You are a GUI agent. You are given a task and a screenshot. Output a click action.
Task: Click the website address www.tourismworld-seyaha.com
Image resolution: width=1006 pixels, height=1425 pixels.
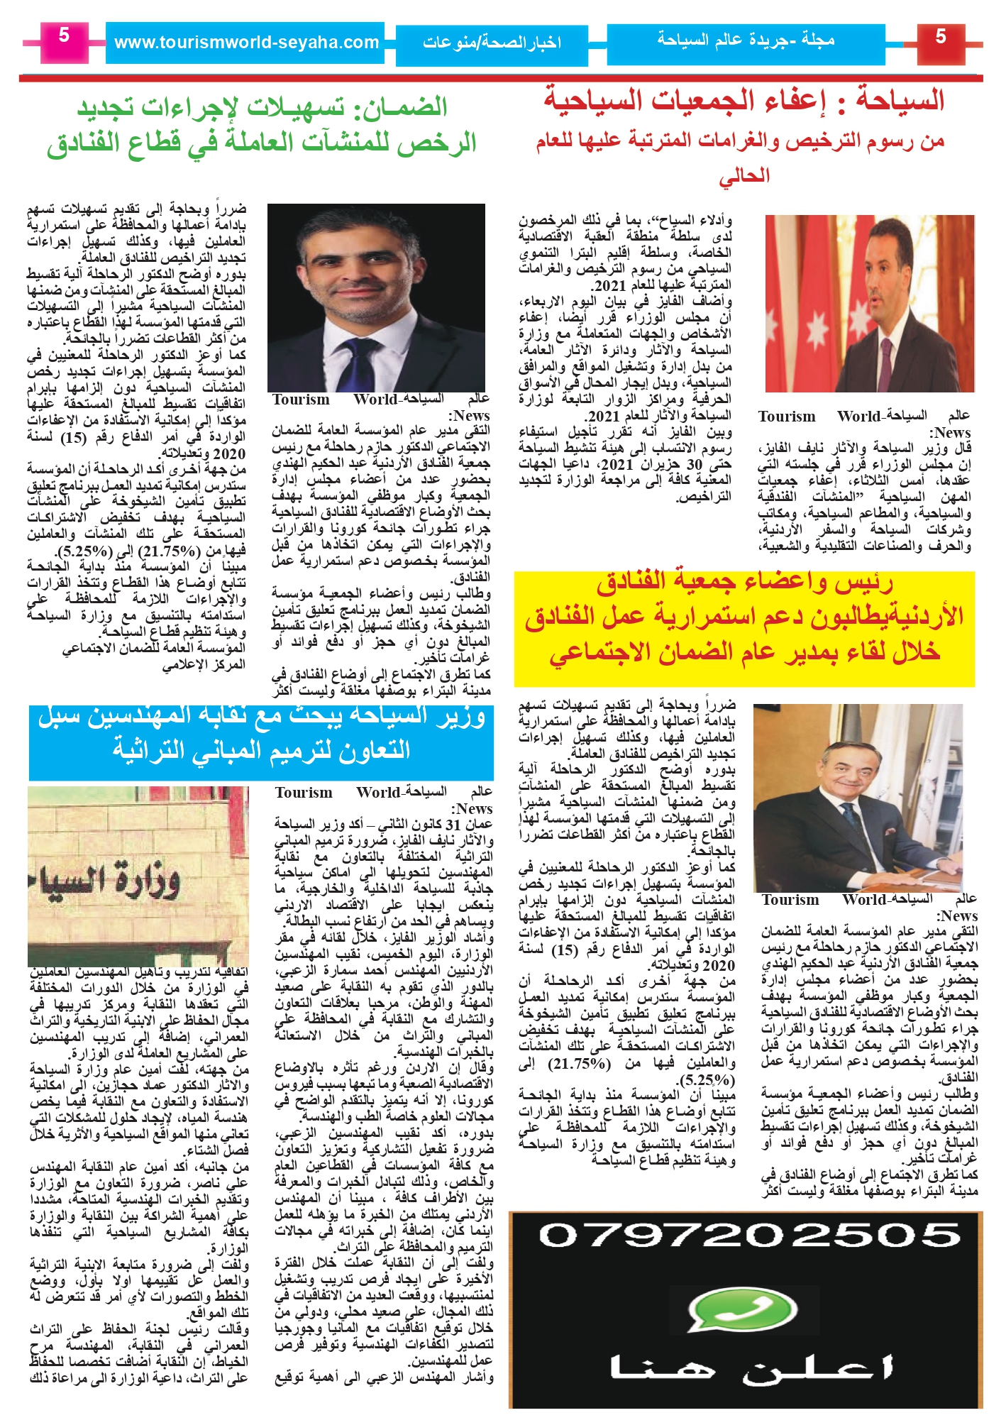tap(246, 43)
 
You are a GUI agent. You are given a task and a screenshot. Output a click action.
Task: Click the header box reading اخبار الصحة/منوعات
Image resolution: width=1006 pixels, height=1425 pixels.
tap(492, 43)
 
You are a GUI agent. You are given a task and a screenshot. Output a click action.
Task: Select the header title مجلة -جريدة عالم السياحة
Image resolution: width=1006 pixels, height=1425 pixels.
tap(746, 40)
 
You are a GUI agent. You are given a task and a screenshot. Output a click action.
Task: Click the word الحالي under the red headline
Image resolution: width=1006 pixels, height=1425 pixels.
tap(744, 175)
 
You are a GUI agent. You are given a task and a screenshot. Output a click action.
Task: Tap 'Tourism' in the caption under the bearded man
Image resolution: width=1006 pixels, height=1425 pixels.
tap(302, 400)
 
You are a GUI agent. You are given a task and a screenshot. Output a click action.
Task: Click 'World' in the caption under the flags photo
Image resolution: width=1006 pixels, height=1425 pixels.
tap(861, 417)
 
